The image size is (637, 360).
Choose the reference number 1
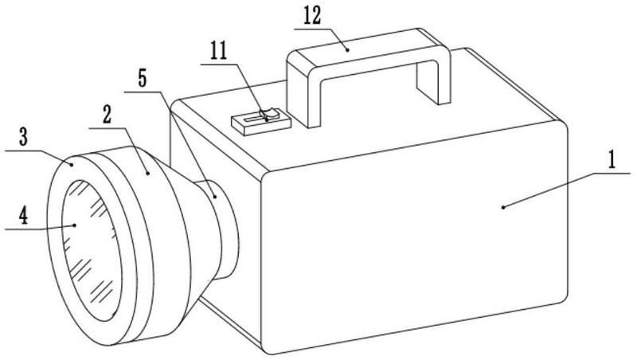point(611,158)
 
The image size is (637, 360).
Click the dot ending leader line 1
point(502,207)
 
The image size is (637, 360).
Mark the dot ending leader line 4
point(74,225)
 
